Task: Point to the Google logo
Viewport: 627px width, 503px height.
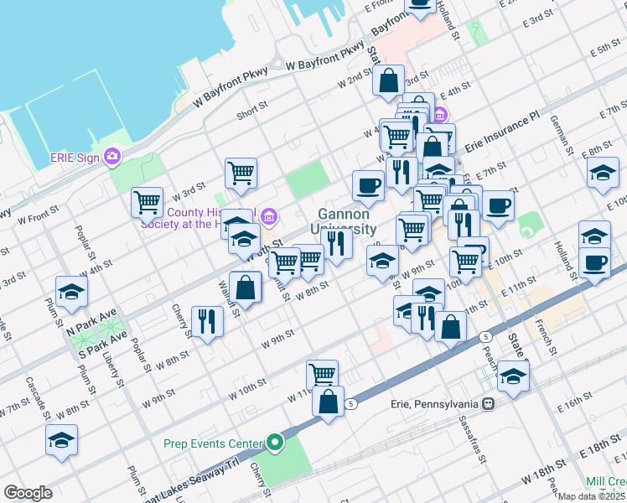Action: tap(28, 493)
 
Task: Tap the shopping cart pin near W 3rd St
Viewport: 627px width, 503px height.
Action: tap(241, 173)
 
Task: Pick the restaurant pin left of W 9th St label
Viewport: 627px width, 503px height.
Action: tap(205, 320)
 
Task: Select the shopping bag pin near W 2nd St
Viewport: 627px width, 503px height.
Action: tap(389, 81)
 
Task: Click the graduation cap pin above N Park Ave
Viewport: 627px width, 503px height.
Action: tap(72, 291)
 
